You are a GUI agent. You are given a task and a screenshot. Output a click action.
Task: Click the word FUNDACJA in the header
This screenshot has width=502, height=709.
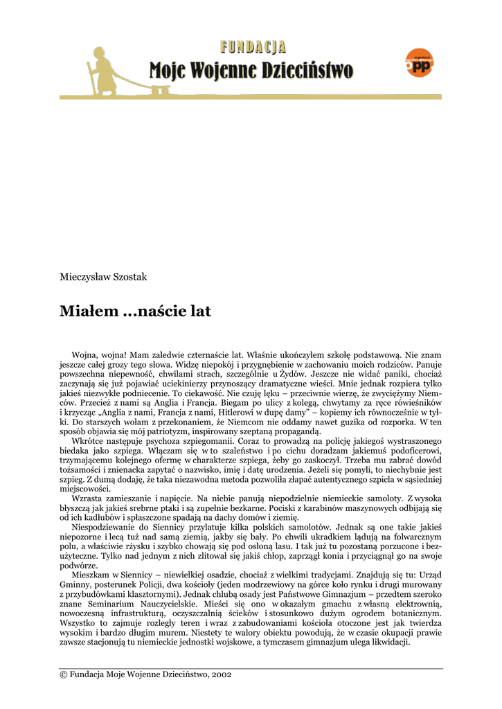pos(253,47)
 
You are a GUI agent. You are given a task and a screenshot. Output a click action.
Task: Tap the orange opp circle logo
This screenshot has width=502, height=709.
pos(419,63)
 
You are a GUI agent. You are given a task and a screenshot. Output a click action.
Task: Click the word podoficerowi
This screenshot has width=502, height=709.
pos(409,450)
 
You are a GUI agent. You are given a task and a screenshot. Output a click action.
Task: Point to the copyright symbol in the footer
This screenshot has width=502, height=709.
pos(64,674)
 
